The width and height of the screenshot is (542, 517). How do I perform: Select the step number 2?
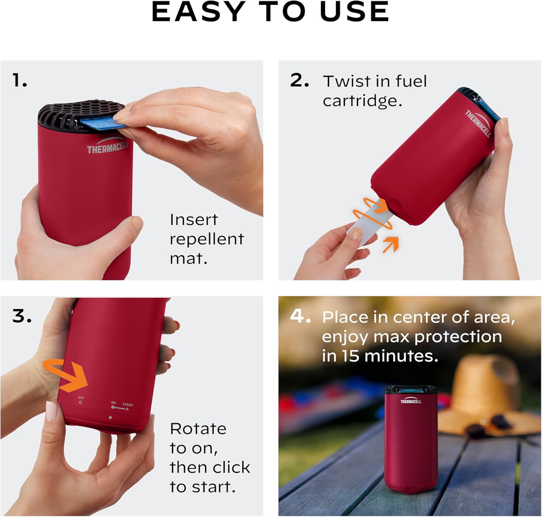299,80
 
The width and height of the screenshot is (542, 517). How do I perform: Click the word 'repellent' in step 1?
207,239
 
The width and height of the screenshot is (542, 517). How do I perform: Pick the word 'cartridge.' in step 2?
362,101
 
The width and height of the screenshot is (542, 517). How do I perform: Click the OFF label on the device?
81,398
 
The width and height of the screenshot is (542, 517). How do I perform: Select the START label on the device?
128,405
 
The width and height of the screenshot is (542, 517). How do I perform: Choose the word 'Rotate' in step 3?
198,429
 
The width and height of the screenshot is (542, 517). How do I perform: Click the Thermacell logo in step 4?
410,401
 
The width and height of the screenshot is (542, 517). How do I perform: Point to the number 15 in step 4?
351,356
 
